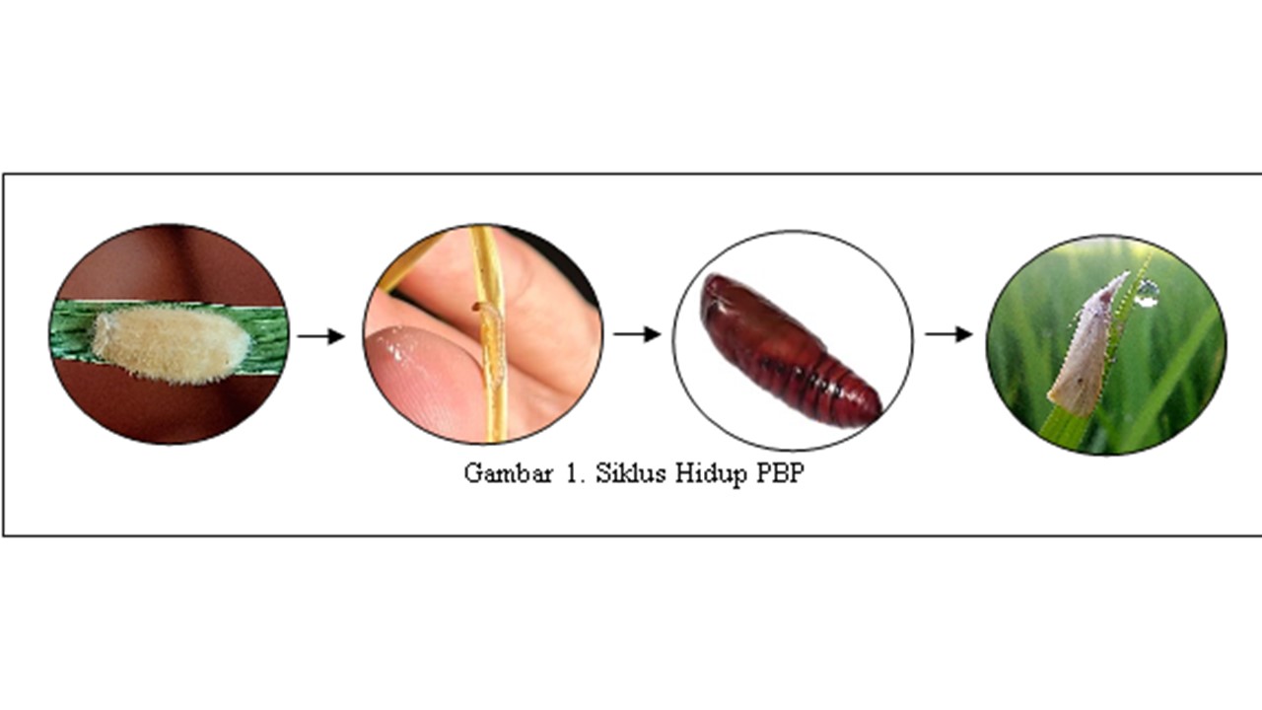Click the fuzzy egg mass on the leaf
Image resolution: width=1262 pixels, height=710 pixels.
click(172, 345)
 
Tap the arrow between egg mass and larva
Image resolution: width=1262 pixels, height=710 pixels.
click(320, 336)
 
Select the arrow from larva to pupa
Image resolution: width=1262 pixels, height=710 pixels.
click(637, 334)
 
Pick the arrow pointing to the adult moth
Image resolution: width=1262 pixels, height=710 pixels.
click(948, 334)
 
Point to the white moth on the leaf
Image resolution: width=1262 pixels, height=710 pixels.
click(1085, 345)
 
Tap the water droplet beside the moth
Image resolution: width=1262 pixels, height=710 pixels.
click(1147, 294)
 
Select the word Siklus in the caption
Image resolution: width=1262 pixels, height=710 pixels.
click(631, 472)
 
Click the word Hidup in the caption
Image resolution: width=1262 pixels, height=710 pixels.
click(712, 474)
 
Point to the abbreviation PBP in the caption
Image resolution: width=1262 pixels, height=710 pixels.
click(780, 473)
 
